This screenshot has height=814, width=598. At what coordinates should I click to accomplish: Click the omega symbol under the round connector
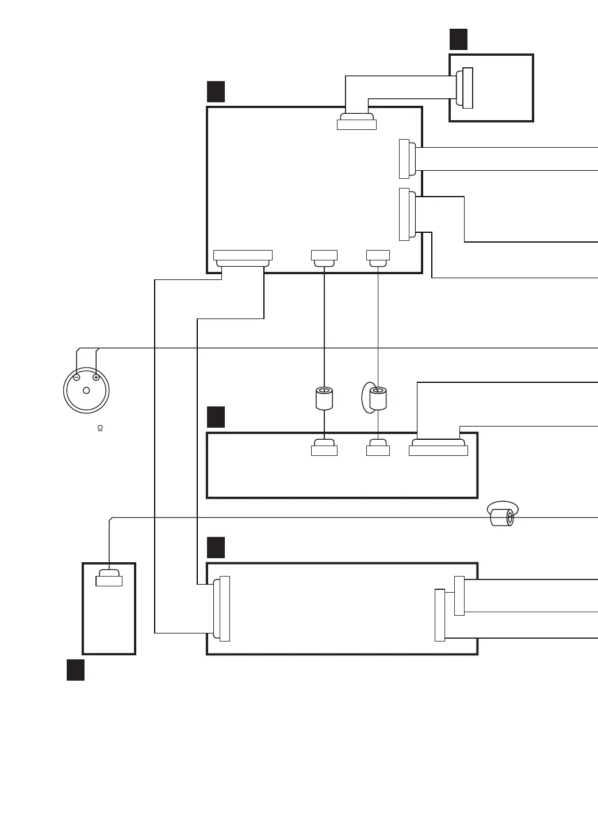coord(100,429)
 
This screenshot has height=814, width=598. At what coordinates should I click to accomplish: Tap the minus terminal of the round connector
coord(76,378)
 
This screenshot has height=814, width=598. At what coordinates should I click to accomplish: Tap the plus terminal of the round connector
coord(96,378)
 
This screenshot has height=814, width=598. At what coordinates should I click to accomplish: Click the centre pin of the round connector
coord(86,390)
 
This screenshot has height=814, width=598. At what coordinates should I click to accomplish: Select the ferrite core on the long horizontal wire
coord(502,517)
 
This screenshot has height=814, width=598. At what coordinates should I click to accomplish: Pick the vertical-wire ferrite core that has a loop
coord(378,398)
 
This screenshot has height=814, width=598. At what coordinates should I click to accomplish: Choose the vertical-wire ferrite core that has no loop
coord(324,398)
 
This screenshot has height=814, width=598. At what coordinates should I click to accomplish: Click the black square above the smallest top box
coord(458,39)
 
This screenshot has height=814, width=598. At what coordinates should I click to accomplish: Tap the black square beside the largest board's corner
coord(216,91)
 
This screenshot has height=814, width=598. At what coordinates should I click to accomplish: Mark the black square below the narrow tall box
coord(75,670)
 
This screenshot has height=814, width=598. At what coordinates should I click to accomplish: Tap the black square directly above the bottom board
coord(216,547)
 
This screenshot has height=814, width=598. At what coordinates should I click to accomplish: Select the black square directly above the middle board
coord(216,417)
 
